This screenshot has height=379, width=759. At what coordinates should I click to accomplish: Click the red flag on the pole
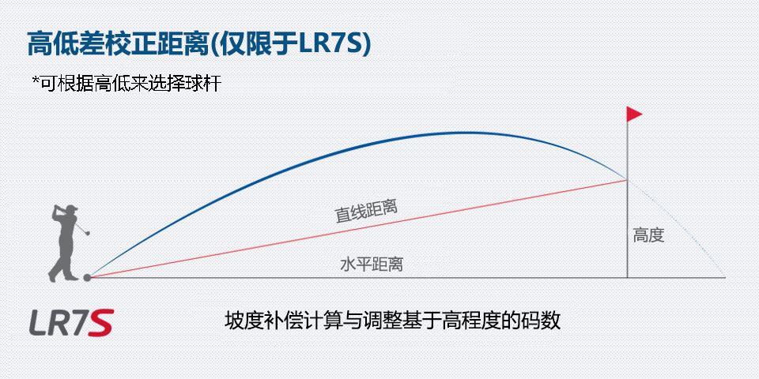pyautogui.click(x=633, y=114)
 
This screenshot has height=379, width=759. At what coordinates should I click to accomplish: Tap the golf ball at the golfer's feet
pyautogui.click(x=87, y=277)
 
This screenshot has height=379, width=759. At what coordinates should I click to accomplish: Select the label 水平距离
pyautogui.click(x=372, y=265)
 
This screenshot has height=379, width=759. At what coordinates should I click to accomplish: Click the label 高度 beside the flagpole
pyautogui.click(x=648, y=235)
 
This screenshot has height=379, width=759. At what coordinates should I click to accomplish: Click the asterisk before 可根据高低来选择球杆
pyautogui.click(x=35, y=81)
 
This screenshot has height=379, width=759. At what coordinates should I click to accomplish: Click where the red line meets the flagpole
pyautogui.click(x=627, y=180)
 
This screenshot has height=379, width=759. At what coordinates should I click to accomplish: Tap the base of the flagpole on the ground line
pyautogui.click(x=627, y=277)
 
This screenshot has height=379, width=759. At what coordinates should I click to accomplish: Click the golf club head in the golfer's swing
pyautogui.click(x=87, y=233)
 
